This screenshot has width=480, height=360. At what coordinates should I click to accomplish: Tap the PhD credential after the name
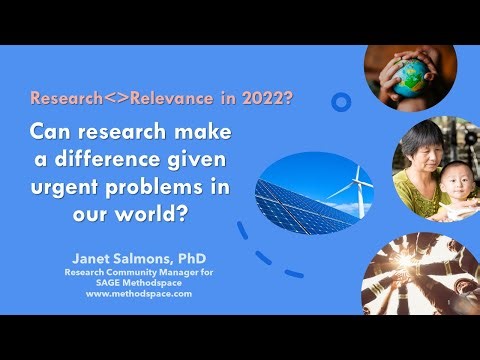point(190,258)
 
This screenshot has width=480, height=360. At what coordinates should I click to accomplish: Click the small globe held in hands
point(408,77)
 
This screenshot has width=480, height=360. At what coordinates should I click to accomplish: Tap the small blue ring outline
point(342,101)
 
